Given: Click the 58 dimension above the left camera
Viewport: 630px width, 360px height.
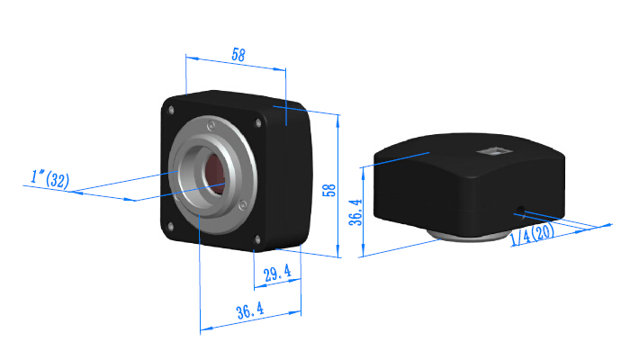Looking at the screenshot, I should (x=238, y=54).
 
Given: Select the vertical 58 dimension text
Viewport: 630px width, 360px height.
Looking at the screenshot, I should (x=329, y=190).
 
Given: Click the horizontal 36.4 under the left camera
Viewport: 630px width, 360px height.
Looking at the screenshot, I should (x=250, y=312).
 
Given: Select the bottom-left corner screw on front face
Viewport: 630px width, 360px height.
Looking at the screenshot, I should (x=168, y=224).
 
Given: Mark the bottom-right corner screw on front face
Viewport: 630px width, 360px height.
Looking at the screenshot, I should (x=258, y=238).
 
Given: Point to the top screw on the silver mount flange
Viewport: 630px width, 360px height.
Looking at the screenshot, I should (x=209, y=124).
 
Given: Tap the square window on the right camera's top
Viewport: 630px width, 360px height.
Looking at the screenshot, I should (x=493, y=152).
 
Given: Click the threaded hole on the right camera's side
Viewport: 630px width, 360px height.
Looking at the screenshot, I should (x=521, y=211).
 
